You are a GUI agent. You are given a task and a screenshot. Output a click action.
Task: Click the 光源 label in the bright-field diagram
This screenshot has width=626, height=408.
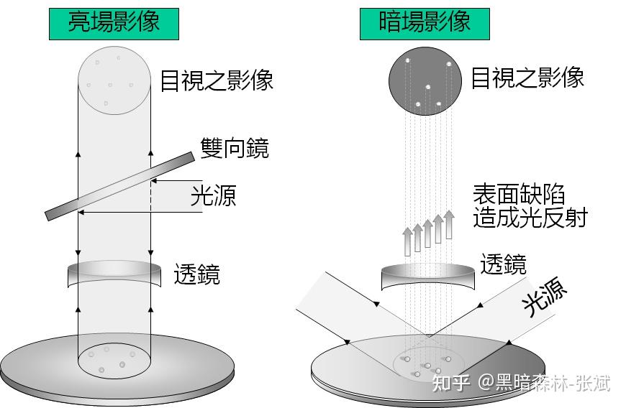pyautogui.click(x=213, y=195)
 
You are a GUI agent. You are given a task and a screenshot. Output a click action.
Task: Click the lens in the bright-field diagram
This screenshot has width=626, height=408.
pyautogui.click(x=114, y=274)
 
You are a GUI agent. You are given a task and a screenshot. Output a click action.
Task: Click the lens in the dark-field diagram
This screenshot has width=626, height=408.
pyautogui.click(x=429, y=276)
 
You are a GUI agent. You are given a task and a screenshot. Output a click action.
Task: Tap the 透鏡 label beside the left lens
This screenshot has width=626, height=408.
pyautogui.click(x=196, y=274)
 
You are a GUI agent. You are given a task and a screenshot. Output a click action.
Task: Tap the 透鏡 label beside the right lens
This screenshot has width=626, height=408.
pyautogui.click(x=503, y=264)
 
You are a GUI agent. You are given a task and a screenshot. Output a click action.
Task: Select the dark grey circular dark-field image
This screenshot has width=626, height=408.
pyautogui.click(x=425, y=81)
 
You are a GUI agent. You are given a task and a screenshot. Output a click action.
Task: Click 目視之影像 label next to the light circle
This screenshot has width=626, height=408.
pyautogui.click(x=216, y=80)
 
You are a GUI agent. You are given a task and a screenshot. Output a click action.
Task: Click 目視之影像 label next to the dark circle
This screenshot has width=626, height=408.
pyautogui.click(x=527, y=78)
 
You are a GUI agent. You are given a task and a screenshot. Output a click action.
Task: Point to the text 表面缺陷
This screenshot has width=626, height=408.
pyautogui.click(x=518, y=195)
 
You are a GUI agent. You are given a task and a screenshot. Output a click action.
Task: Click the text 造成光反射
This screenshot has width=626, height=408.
pyautogui.click(x=530, y=217)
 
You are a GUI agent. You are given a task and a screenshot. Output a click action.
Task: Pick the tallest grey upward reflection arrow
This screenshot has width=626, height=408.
pyautogui.click(x=449, y=225)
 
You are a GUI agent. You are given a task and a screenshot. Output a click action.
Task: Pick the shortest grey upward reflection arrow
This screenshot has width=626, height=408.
pyautogui.click(x=407, y=241)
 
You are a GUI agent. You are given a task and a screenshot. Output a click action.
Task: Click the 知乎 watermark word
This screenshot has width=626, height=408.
pyautogui.click(x=449, y=381)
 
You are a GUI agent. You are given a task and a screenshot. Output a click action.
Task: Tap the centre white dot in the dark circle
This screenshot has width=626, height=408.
pyautogui.click(x=427, y=87)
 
